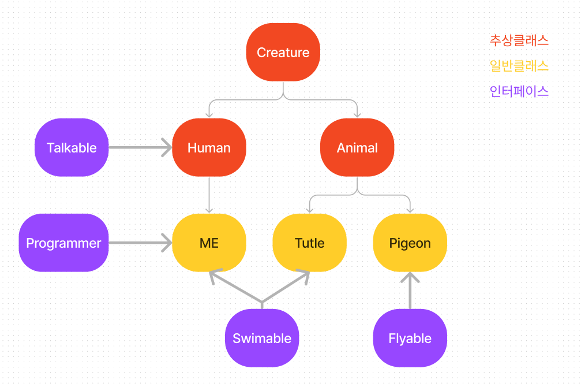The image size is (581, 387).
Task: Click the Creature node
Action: click(x=283, y=52)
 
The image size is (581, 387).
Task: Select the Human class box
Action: click(x=209, y=147)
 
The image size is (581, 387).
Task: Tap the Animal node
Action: click(x=357, y=147)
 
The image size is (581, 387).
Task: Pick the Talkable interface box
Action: click(x=72, y=147)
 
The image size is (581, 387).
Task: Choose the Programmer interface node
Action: click(x=63, y=243)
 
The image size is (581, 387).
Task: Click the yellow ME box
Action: click(x=209, y=243)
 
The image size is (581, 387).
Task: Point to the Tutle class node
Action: click(x=309, y=243)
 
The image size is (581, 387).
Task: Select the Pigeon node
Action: click(x=410, y=243)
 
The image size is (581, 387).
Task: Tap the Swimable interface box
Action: click(x=261, y=338)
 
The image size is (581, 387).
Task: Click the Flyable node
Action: click(x=410, y=338)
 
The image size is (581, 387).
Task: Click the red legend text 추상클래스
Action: click(x=519, y=40)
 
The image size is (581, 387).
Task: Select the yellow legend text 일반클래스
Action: click(x=519, y=66)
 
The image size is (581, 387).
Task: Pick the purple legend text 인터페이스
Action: click(x=519, y=91)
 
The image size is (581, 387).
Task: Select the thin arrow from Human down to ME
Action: click(x=209, y=193)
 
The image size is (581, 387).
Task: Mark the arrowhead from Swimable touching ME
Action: click(x=215, y=274)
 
